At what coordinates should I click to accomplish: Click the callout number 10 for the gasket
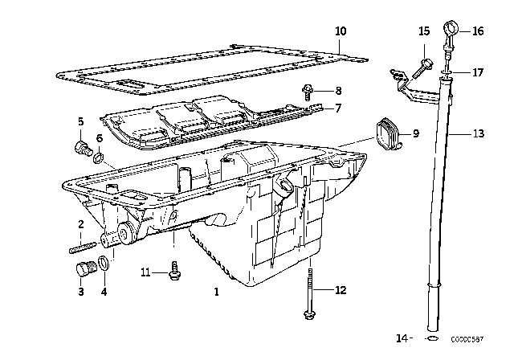point(341,31)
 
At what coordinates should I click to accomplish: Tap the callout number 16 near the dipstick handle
point(478,32)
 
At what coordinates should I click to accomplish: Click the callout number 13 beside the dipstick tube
point(478,134)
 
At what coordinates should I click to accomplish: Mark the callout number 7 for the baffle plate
point(339,108)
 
